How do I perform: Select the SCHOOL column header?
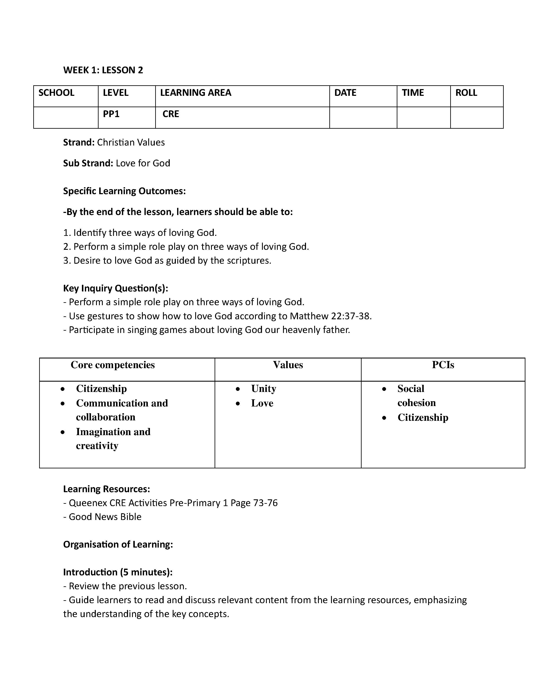[x=56, y=93]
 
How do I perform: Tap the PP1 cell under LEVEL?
[x=111, y=114]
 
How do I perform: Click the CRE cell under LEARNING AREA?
[x=171, y=114]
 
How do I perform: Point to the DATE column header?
[x=345, y=93]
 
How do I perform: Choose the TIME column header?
[x=413, y=93]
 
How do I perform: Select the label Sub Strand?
[x=88, y=163]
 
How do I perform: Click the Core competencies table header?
[x=113, y=365]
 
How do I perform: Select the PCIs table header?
[x=443, y=365]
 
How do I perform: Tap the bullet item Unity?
[x=263, y=389]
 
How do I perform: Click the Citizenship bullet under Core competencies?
[x=101, y=389]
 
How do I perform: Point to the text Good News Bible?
[x=105, y=517]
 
